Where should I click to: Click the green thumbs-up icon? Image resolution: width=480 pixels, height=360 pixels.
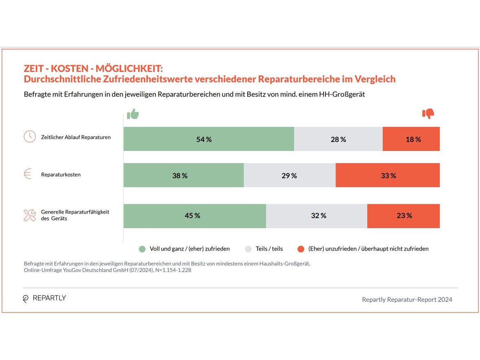click(x=133, y=114)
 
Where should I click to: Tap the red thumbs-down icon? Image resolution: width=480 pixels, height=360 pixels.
click(x=428, y=114)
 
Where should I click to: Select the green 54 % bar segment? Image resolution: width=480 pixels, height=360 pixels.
click(x=209, y=139)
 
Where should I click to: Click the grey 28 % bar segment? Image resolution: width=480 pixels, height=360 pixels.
click(x=338, y=139)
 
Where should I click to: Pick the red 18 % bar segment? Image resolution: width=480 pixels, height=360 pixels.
click(x=411, y=139)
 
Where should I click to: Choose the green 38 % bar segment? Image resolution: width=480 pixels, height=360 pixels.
click(x=183, y=175)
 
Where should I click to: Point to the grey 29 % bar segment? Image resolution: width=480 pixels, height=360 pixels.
click(x=290, y=175)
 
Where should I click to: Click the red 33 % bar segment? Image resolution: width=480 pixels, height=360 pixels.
click(x=388, y=175)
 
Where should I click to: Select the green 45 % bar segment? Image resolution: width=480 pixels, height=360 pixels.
click(x=194, y=216)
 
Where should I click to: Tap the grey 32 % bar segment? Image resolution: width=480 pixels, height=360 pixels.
click(x=316, y=216)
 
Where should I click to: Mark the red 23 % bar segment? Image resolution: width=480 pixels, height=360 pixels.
click(x=404, y=216)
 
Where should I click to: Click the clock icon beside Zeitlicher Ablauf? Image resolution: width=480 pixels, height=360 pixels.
click(x=30, y=137)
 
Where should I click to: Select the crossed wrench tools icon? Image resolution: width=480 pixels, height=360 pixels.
click(x=30, y=215)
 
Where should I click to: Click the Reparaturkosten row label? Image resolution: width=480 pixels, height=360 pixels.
click(x=61, y=175)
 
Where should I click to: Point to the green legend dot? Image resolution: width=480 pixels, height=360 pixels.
click(x=142, y=249)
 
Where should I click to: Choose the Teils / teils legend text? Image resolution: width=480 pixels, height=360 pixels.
click(x=269, y=249)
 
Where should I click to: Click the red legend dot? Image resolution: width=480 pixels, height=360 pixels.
click(x=301, y=249)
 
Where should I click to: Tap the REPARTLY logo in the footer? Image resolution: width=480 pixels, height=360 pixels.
click(x=44, y=298)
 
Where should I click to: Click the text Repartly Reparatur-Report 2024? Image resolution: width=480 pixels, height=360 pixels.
click(x=407, y=299)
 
